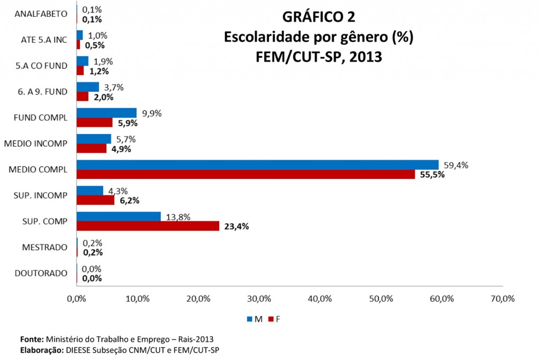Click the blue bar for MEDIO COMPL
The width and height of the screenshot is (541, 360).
point(257,165)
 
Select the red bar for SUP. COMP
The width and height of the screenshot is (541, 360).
point(148,226)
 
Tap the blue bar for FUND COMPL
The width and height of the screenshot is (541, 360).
point(107,113)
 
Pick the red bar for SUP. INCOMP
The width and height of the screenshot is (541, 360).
point(96,200)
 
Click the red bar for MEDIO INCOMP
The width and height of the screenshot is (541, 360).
point(92,148)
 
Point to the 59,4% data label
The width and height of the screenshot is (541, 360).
point(456,165)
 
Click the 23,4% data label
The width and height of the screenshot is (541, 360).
point(236,226)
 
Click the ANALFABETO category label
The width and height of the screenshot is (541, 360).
point(42,14)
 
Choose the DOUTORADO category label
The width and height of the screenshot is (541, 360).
point(41,273)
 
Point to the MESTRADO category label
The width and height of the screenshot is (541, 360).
point(45,247)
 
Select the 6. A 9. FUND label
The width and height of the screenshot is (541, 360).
point(42,92)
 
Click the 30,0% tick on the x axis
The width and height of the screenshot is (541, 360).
point(259,299)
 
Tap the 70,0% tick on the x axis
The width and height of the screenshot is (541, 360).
point(502,299)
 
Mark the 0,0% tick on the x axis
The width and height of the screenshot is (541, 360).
point(77,299)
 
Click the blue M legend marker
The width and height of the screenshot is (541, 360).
point(249,319)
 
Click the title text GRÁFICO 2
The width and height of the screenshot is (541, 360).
point(319,17)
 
